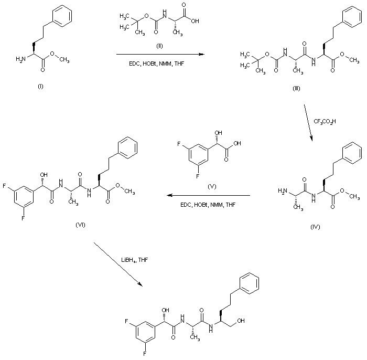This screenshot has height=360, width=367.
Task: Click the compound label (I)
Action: pos(40,86)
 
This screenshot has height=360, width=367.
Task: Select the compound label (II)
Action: pos(160,46)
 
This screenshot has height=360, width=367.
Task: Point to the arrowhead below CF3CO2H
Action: pos(312,140)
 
